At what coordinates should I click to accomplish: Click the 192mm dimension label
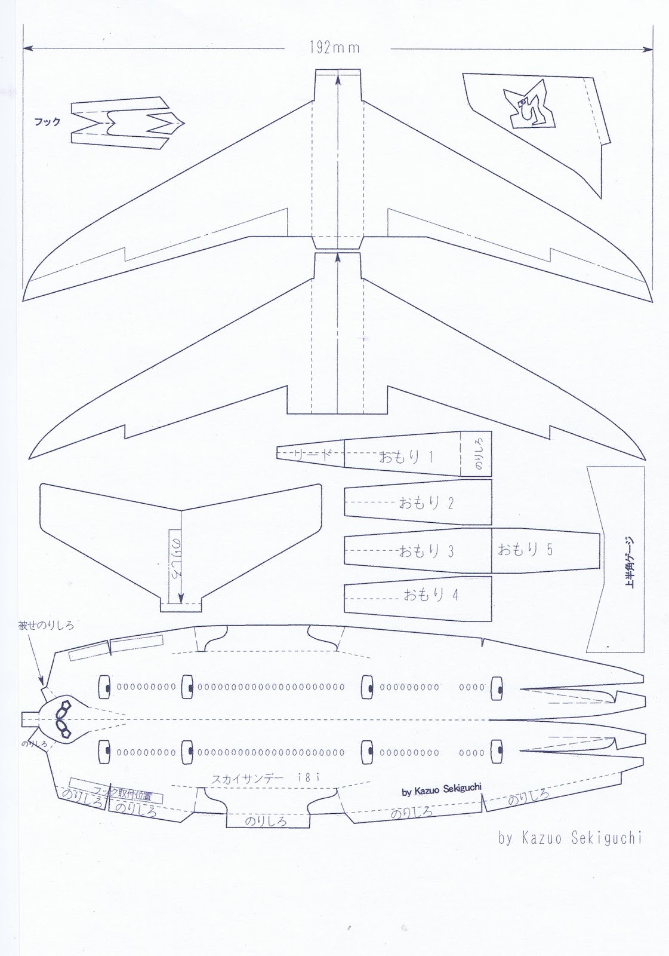(335, 48)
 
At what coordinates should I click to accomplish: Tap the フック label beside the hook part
(47, 122)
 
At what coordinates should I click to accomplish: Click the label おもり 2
(426, 502)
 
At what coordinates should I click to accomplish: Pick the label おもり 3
(426, 550)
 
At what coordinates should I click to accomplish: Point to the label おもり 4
(430, 595)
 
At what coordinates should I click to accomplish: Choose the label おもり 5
(525, 549)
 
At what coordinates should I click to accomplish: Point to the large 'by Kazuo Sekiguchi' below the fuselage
(570, 838)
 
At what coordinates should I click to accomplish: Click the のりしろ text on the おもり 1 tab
(475, 454)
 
